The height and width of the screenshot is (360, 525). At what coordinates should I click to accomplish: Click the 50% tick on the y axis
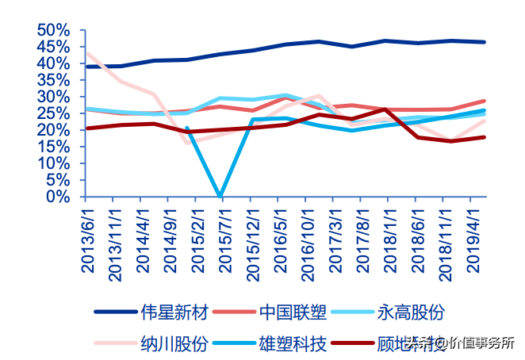[x=55, y=29]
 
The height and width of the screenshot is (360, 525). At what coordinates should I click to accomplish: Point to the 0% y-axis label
[x=59, y=197]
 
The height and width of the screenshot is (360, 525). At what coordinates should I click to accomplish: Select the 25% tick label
[x=55, y=113]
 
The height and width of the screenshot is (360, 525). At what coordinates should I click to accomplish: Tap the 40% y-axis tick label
[x=55, y=63]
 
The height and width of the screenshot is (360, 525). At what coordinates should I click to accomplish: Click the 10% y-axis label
[x=55, y=163]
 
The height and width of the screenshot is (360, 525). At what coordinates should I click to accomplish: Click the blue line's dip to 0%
[x=219, y=195]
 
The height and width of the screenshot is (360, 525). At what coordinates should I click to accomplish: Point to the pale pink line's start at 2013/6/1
[x=86, y=53]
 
